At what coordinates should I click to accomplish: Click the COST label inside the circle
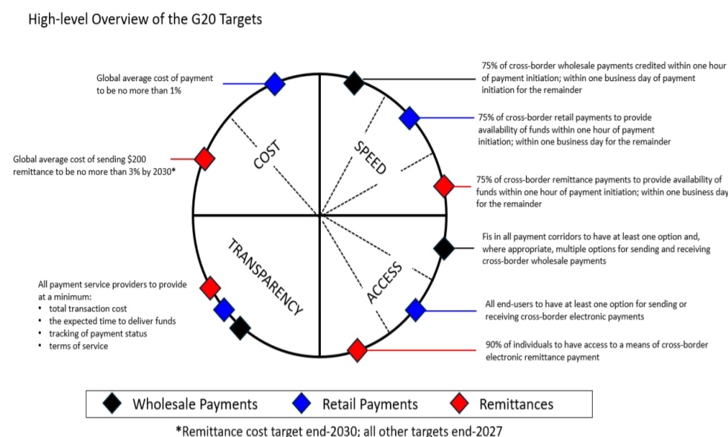coord(266,155)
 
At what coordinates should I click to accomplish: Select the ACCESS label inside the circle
coord(385,283)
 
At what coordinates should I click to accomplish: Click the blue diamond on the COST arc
coord(275,83)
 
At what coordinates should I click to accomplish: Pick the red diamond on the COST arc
coord(204,158)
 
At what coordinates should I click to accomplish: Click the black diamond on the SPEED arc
coord(354,82)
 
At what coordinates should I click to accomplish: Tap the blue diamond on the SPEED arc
coord(409,117)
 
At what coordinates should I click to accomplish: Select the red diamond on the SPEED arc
coord(443,186)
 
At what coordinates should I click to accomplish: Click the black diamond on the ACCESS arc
coord(443,248)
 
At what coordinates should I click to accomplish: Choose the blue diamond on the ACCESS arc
coord(415,310)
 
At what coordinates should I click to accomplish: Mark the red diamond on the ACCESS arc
coord(357,349)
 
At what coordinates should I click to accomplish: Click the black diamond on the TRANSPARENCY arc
coord(239,327)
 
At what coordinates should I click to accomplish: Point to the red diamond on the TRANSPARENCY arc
coord(210,287)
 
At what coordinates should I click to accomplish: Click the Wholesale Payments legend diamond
coord(113,404)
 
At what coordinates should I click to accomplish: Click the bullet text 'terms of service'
coord(78,346)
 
